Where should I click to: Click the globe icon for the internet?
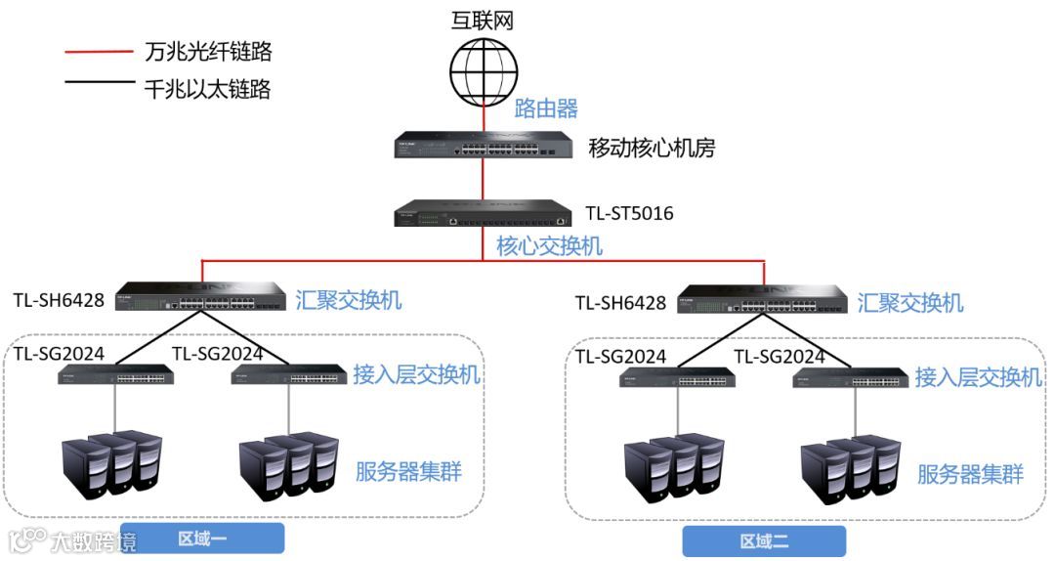(483, 68)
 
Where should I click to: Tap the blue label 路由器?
(546, 108)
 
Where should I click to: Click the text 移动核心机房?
(652, 148)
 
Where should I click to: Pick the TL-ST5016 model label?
(629, 212)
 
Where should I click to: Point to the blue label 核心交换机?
(549, 245)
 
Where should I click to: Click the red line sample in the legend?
(99, 52)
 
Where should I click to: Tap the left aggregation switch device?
(201, 296)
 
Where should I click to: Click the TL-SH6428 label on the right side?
(619, 303)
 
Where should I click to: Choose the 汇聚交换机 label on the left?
(349, 300)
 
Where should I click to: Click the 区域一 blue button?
(202, 539)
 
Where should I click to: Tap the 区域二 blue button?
(764, 541)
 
